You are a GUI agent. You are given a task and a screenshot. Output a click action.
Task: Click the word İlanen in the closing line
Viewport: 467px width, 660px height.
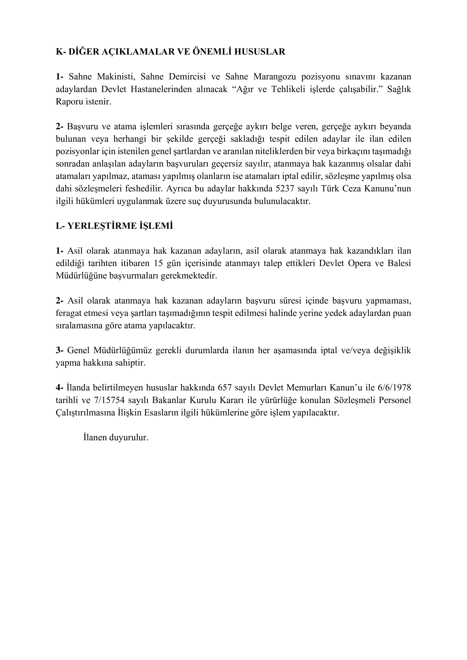click(x=95, y=438)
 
